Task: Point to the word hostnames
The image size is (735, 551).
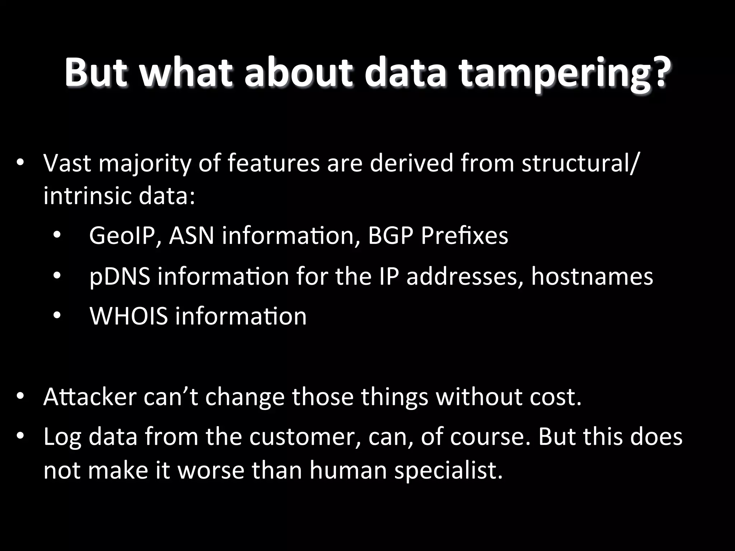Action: coord(592,276)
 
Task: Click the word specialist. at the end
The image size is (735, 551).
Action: coord(448,471)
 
